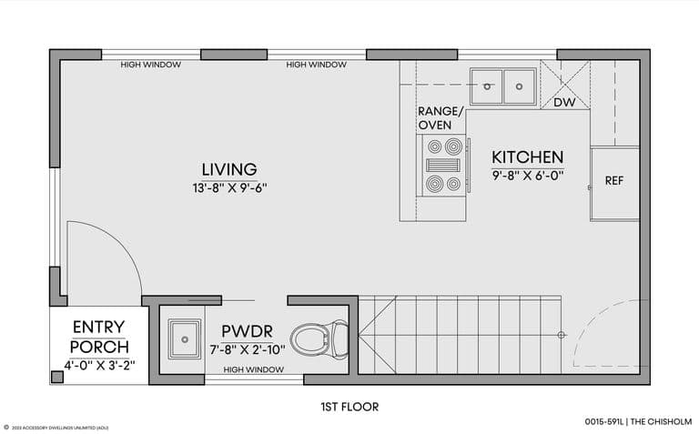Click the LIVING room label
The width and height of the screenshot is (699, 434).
point(229,169)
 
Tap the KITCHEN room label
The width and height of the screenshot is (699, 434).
point(527,157)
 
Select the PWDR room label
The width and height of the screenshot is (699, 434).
point(247,331)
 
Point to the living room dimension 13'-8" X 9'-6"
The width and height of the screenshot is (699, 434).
point(229,188)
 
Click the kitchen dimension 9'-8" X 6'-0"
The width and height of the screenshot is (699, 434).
point(528,176)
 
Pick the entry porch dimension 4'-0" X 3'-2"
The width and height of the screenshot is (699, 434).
point(99,366)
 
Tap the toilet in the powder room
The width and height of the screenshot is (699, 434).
point(319,339)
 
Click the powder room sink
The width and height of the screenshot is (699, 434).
point(184,339)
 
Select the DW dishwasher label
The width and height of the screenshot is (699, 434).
point(564,103)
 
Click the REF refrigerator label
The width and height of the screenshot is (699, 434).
point(613,180)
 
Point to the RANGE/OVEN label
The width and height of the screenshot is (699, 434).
point(441,118)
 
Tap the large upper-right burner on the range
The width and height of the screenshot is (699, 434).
point(453,146)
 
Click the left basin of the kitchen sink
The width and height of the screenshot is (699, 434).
point(486,86)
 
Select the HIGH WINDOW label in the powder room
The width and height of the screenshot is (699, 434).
point(253,369)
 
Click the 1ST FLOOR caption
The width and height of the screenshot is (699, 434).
point(349,407)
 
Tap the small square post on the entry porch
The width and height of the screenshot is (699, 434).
point(57,377)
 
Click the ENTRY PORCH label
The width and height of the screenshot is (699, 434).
point(99,337)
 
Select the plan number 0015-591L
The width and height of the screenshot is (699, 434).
point(604,421)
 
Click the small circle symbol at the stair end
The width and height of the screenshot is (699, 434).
point(562,335)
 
